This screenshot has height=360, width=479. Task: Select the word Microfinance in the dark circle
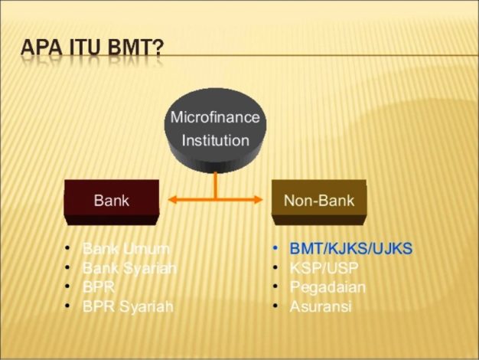click(215, 117)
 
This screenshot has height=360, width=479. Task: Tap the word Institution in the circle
click(215, 140)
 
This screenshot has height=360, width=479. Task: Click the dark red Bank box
click(112, 202)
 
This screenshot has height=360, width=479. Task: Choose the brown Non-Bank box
click(319, 202)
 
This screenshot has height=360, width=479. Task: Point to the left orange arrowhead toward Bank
click(172, 200)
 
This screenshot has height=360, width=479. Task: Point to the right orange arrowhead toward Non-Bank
click(259, 200)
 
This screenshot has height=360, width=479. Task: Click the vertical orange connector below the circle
click(215, 185)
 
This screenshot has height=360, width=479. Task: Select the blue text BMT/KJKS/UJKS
click(351, 248)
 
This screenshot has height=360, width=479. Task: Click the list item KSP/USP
click(324, 268)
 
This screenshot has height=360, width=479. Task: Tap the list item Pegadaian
click(327, 287)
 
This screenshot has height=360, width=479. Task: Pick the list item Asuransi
click(321, 306)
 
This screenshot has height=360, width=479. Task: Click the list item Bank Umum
click(125, 248)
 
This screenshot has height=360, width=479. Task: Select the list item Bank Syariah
click(129, 268)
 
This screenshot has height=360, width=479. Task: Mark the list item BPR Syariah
click(128, 307)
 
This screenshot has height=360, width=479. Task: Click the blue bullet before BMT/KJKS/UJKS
click(275, 247)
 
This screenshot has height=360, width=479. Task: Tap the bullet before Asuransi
click(275, 306)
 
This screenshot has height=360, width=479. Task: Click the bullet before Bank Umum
click(67, 247)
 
